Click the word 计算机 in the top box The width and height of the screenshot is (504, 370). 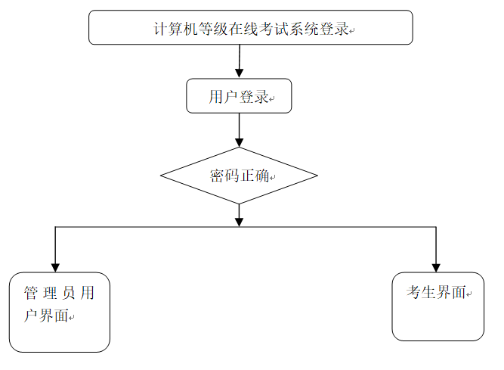(175, 30)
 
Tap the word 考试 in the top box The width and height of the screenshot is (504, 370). (274, 30)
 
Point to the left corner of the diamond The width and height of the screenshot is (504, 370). (162, 176)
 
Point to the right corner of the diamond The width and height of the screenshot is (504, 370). (317, 176)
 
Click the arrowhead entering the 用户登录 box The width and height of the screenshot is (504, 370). (239, 73)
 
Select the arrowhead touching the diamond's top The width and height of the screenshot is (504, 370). (239, 141)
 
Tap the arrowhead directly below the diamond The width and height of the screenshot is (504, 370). (239, 220)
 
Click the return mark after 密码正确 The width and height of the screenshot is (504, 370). (274, 179)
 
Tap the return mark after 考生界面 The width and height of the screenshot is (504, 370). (469, 295)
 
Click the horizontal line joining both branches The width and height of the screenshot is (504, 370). (151, 225)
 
